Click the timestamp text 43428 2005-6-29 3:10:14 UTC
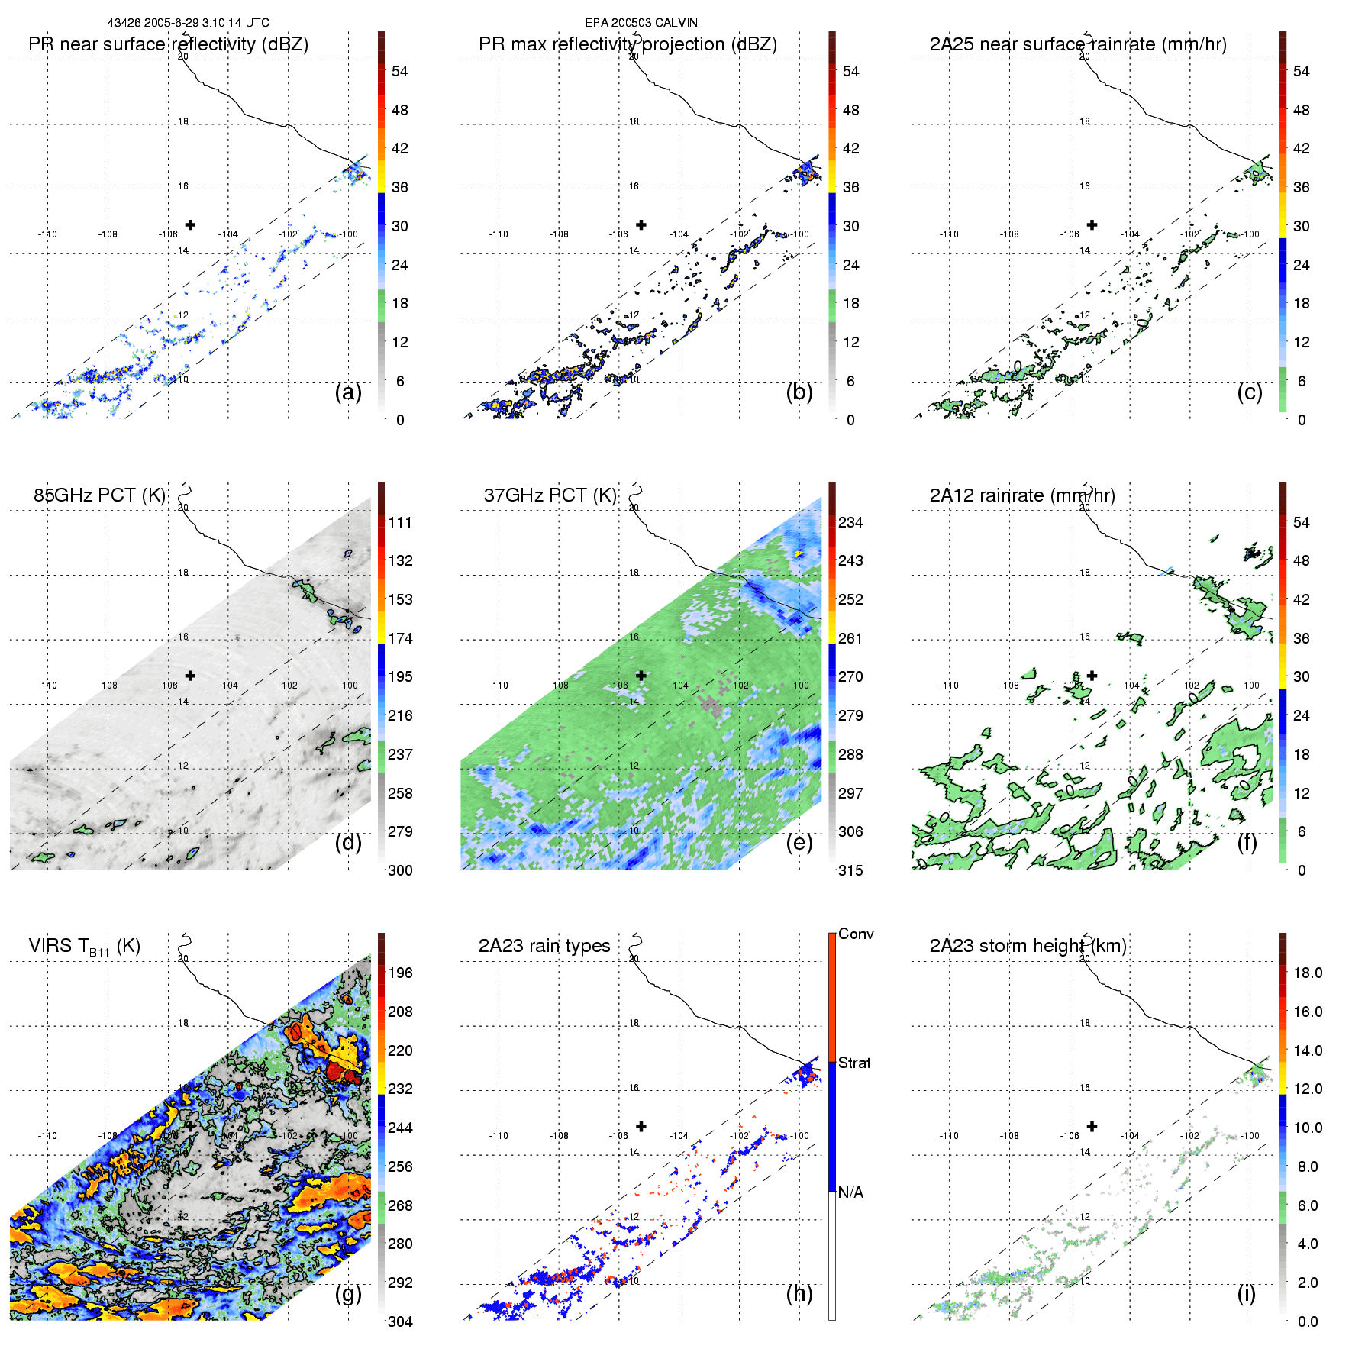188,23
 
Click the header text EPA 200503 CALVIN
641,23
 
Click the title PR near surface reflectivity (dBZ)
168,44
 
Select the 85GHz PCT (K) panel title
99,495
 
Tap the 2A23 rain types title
544,946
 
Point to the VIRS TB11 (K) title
84,947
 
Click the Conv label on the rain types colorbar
856,934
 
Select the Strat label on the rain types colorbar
854,1063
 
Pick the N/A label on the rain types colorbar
850,1192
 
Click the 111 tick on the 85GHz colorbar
400,523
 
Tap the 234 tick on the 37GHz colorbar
850,523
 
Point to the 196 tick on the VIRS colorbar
400,973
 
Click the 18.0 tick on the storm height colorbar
1307,973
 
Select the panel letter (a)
348,392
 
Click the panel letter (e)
799,843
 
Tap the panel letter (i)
1246,1293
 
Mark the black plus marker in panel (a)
190,224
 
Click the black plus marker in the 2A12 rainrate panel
1092,675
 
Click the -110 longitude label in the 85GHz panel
47,686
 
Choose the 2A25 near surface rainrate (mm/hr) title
1077,44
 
